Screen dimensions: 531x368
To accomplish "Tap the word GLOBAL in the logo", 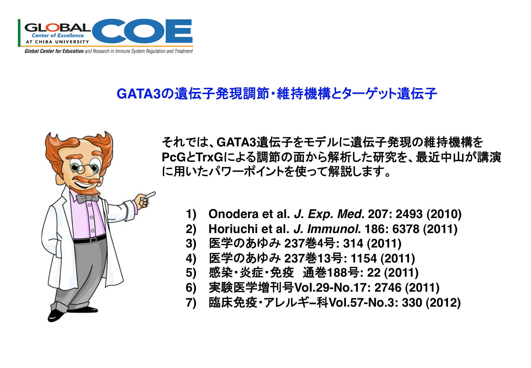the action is pos(57,28).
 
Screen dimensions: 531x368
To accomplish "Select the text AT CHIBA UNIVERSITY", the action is pos(57,42).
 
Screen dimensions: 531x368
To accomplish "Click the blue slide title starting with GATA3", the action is pos(277,93).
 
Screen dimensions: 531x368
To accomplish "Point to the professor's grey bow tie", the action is pos(87,198).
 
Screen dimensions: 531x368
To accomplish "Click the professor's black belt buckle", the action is pos(93,240).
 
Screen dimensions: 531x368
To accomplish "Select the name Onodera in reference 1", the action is pos(233,214).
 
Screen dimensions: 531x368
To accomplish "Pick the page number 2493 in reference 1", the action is pos(409,214).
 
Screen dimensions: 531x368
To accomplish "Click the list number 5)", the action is pos(191,273).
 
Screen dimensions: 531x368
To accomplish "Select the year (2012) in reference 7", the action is pos(443,303).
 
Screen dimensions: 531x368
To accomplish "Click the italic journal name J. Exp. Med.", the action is pos(329,214).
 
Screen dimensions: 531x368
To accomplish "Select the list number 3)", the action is pos(191,243).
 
